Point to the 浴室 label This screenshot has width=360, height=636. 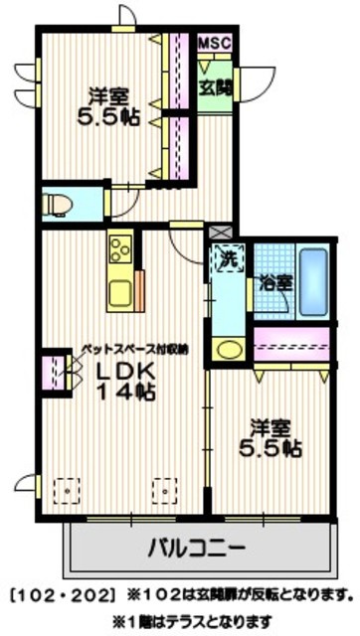tap(275, 282)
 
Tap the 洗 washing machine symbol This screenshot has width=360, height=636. tap(227, 254)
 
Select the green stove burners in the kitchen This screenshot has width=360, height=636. tap(120, 247)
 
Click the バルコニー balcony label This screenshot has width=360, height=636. tap(197, 546)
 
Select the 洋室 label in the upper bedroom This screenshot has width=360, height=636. tap(105, 96)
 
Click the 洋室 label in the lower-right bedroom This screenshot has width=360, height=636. tap(271, 427)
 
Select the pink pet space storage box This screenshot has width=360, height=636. tap(50, 371)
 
